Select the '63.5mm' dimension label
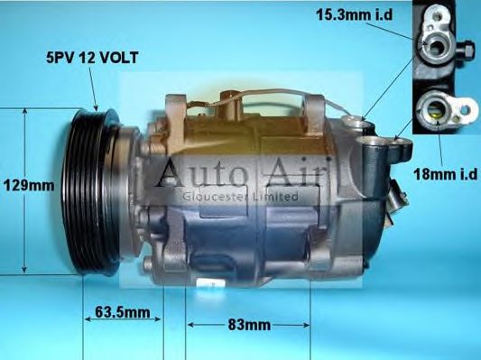(x=121, y=313)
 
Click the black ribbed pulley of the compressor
(x=96, y=190)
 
